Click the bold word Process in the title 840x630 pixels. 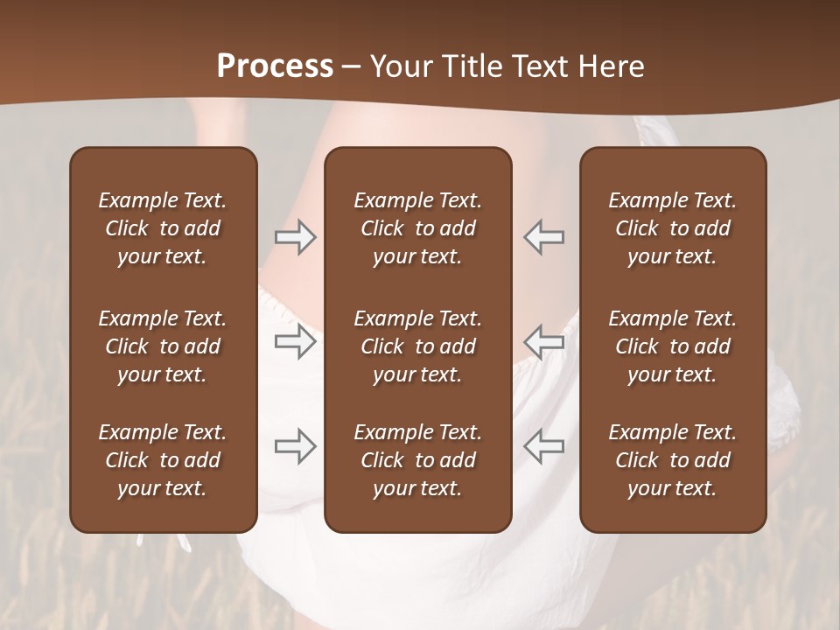pyautogui.click(x=275, y=66)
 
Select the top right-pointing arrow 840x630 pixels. pyautogui.click(x=295, y=237)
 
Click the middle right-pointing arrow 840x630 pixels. pyautogui.click(x=295, y=341)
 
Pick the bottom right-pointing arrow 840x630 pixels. pyautogui.click(x=295, y=446)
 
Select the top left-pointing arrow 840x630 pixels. pyautogui.click(x=544, y=237)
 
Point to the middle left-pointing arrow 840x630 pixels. pyautogui.click(x=544, y=341)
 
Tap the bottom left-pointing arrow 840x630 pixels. pyautogui.click(x=544, y=446)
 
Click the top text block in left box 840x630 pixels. pyautogui.click(x=163, y=228)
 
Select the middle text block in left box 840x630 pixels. pyautogui.click(x=163, y=346)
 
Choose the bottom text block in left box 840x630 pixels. pyautogui.click(x=163, y=460)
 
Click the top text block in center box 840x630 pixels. pyautogui.click(x=418, y=228)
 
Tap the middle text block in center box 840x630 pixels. pyautogui.click(x=418, y=346)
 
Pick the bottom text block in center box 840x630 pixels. pyautogui.click(x=418, y=460)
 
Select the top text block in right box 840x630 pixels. pyautogui.click(x=673, y=228)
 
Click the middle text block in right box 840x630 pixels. pyautogui.click(x=673, y=346)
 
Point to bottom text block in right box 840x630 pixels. pyautogui.click(x=673, y=460)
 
